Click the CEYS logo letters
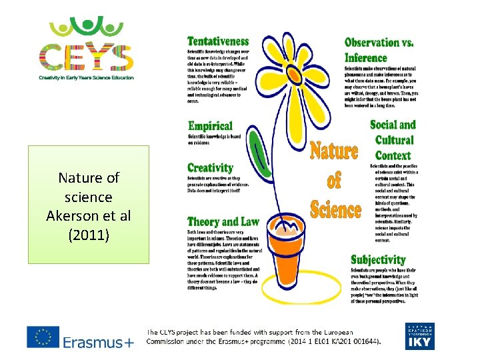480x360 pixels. click(x=86, y=56)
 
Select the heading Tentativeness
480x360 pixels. click(x=218, y=42)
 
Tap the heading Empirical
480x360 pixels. click(x=210, y=126)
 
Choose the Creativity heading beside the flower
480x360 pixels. click(x=210, y=168)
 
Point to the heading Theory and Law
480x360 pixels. click(x=223, y=221)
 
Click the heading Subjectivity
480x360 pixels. click(x=378, y=260)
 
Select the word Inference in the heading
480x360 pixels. click(x=366, y=58)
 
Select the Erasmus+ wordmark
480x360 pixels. click(x=99, y=342)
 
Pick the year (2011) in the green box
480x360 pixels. click(x=89, y=235)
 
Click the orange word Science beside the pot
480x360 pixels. click(x=336, y=209)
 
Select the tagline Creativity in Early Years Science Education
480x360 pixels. click(x=86, y=77)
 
